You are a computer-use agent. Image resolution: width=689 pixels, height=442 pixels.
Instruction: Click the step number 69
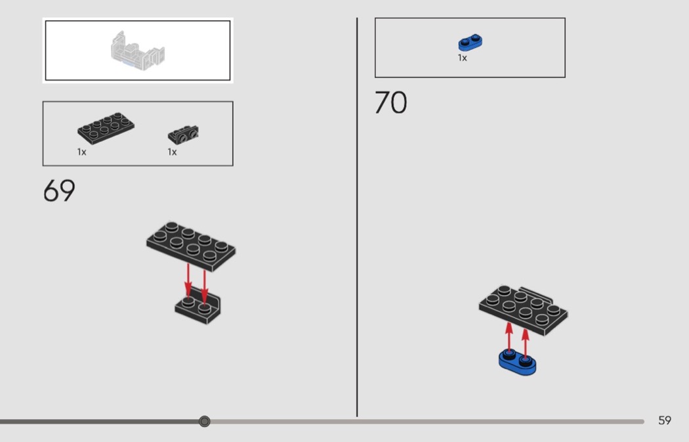click(59, 190)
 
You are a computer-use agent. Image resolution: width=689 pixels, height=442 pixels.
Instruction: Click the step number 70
click(390, 102)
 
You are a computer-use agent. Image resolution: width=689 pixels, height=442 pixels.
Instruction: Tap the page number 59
click(664, 420)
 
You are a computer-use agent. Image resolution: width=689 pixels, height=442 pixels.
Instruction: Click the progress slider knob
click(204, 422)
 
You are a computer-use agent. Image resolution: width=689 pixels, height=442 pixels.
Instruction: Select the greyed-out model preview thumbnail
click(138, 50)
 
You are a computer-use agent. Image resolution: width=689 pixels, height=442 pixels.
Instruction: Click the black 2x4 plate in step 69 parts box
click(106, 128)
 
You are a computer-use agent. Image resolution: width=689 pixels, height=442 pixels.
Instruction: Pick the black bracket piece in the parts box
click(183, 135)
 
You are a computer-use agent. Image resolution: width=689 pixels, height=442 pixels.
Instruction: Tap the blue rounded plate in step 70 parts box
click(470, 42)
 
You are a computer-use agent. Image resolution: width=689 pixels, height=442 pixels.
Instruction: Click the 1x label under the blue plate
click(462, 58)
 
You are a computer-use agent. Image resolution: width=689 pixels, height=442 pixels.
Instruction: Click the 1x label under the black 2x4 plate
click(82, 152)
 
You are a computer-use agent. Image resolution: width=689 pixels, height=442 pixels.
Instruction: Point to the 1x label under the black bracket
click(172, 152)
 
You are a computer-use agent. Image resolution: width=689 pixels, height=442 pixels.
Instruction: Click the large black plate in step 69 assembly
click(191, 246)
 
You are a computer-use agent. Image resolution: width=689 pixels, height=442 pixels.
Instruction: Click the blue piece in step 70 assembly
click(518, 363)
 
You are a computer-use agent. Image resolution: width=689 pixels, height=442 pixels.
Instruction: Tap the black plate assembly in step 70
click(524, 310)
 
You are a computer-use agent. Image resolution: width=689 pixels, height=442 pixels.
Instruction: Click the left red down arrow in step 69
click(188, 280)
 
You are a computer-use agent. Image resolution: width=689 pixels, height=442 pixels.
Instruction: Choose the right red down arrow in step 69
click(204, 286)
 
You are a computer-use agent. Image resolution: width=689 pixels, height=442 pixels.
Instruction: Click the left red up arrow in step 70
click(509, 338)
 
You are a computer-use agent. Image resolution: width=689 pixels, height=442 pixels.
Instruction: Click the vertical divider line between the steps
click(357, 217)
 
